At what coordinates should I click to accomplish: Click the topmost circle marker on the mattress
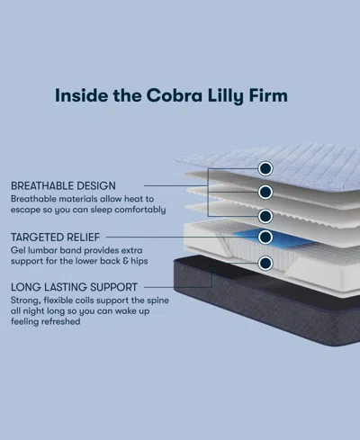[265, 168]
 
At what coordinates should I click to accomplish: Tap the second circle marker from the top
[265, 192]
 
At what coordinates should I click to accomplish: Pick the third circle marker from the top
[265, 216]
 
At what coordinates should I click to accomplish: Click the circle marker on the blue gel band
[265, 238]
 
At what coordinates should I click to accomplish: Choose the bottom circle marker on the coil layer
[265, 265]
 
